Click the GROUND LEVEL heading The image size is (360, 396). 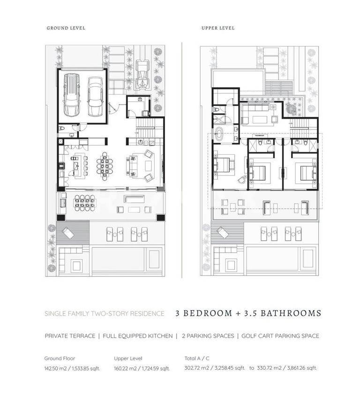click(66, 28)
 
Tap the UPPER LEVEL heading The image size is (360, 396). click(218, 28)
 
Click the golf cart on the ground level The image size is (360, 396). click(142, 75)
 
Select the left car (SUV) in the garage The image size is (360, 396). click(72, 95)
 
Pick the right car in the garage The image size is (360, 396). click(95, 96)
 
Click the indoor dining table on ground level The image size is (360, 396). click(105, 166)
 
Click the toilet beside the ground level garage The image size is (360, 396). click(61, 129)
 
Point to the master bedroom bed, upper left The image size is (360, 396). click(223, 164)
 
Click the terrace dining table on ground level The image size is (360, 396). click(85, 203)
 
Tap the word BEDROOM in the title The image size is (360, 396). click(208, 313)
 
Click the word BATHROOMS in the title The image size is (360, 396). click(291, 313)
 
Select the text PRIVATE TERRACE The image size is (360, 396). click(70, 336)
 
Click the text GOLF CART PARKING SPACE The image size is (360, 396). click(280, 336)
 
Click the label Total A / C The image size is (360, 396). click(197, 358)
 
